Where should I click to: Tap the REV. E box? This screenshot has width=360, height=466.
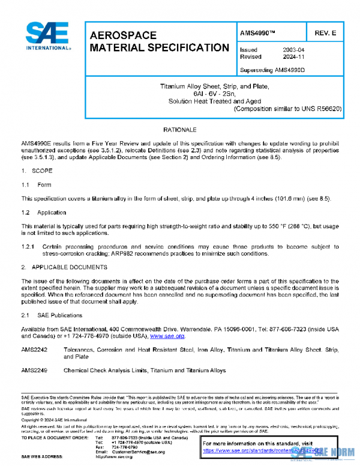(324, 31)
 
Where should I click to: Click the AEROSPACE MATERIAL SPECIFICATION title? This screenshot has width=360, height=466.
(158, 41)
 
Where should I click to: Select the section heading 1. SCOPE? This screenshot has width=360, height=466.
(37, 171)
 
